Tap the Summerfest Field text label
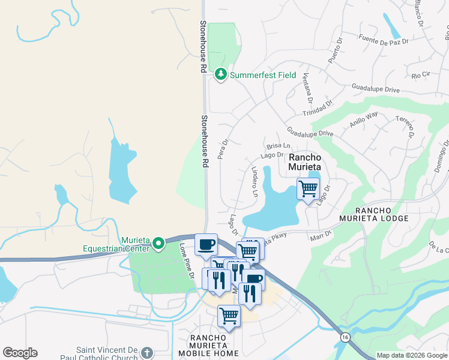(x=263, y=75)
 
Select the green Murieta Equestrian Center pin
(x=158, y=243)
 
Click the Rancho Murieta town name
(x=305, y=162)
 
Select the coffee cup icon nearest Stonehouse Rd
(x=206, y=244)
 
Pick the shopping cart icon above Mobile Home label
(x=229, y=315)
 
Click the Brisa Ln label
(x=279, y=146)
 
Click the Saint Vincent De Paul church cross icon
(x=148, y=353)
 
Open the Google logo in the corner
(x=20, y=353)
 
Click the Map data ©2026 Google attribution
(x=412, y=355)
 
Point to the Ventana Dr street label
(x=308, y=88)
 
